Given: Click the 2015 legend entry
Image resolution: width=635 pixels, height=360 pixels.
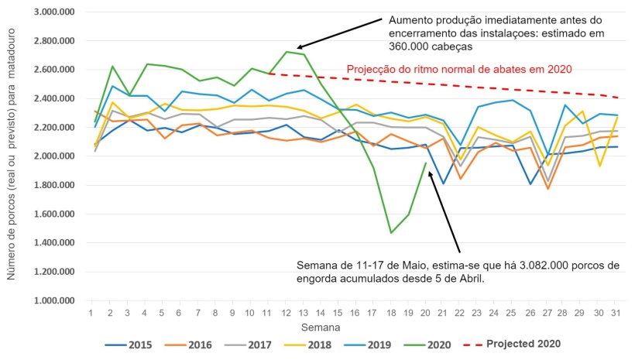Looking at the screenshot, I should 129,342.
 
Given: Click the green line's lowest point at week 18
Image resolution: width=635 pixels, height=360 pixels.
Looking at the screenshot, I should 391,232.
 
